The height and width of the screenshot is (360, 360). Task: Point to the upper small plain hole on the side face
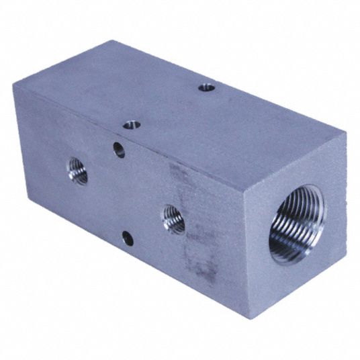tap(120, 149)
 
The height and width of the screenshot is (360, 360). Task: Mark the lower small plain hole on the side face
tap(127, 236)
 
